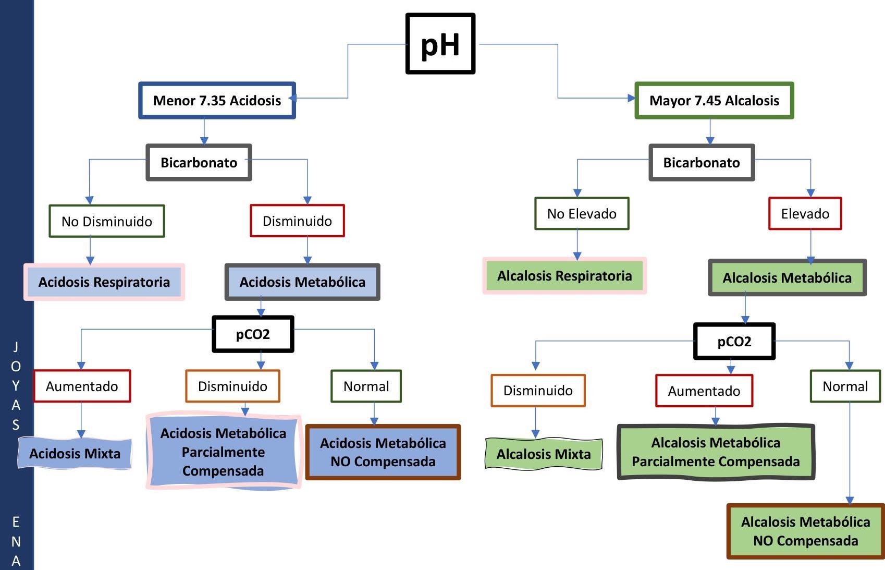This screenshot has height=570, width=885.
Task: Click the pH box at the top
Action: point(440,44)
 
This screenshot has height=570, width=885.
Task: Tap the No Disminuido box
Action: point(107,221)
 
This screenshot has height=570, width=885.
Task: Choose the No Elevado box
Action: point(582,213)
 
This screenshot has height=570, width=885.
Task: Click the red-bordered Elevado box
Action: point(805,213)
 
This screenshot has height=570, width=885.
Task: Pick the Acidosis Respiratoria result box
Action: point(104,282)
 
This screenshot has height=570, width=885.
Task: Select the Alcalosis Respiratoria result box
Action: point(564,276)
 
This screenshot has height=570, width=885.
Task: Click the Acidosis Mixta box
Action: point(75,453)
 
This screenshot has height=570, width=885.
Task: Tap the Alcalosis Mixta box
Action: point(544,454)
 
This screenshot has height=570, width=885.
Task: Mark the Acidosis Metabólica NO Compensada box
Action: point(383,452)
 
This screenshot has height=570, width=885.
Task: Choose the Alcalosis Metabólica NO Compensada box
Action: point(805,531)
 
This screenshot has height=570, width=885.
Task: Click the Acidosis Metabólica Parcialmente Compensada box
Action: point(224,452)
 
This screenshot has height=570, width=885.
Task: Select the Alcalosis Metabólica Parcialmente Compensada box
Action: point(716,452)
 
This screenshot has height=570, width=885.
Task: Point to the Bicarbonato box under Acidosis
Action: point(199,163)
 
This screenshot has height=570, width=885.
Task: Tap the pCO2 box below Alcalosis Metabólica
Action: point(734,342)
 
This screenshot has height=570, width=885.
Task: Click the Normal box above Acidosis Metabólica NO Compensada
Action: point(366,386)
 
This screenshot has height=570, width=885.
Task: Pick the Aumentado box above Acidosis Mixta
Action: point(82,386)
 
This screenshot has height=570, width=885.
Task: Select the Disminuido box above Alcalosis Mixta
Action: point(538,391)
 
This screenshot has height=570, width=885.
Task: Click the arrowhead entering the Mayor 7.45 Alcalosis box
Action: point(632,98)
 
